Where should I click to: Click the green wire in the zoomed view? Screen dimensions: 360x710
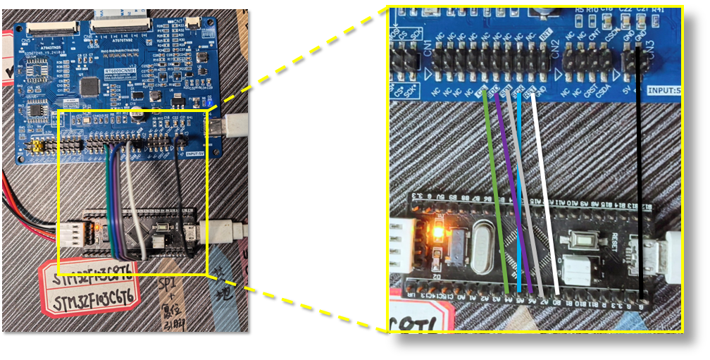pyautogui.click(x=496, y=190)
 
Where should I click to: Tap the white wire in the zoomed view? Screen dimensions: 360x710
pyautogui.click(x=545, y=190)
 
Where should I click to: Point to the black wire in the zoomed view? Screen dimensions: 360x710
pyautogui.click(x=640, y=176)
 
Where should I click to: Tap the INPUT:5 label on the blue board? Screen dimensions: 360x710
pyautogui.click(x=664, y=90)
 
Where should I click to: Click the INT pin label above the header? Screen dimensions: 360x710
pyautogui.click(x=545, y=33)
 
